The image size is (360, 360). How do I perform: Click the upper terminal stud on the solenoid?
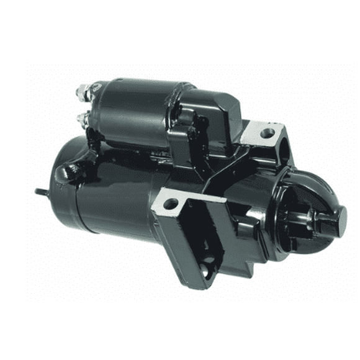tap(82, 94)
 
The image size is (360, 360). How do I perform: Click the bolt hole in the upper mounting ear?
tap(268, 132)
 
